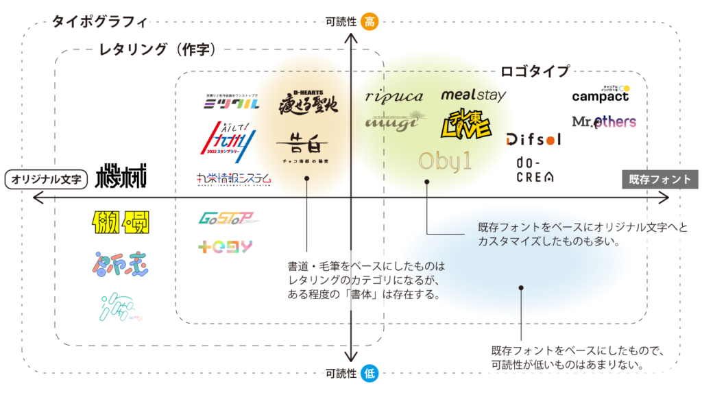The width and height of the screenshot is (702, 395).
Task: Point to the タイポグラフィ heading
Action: click(x=99, y=22)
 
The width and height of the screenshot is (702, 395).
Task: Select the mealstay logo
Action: click(x=473, y=95)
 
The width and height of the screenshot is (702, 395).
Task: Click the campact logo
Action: click(x=601, y=95)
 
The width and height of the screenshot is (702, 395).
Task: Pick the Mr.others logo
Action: click(x=603, y=122)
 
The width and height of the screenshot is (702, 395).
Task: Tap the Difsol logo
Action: click(x=533, y=139)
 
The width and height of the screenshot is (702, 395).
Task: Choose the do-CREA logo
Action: click(x=535, y=169)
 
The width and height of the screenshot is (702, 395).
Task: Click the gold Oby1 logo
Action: click(x=446, y=161)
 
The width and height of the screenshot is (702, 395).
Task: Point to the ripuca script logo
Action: click(x=394, y=97)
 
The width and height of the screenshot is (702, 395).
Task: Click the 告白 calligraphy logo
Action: click(x=306, y=145)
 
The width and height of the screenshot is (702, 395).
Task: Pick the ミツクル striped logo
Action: click(x=232, y=104)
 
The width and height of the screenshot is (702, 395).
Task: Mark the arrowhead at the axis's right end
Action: click(x=666, y=197)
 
